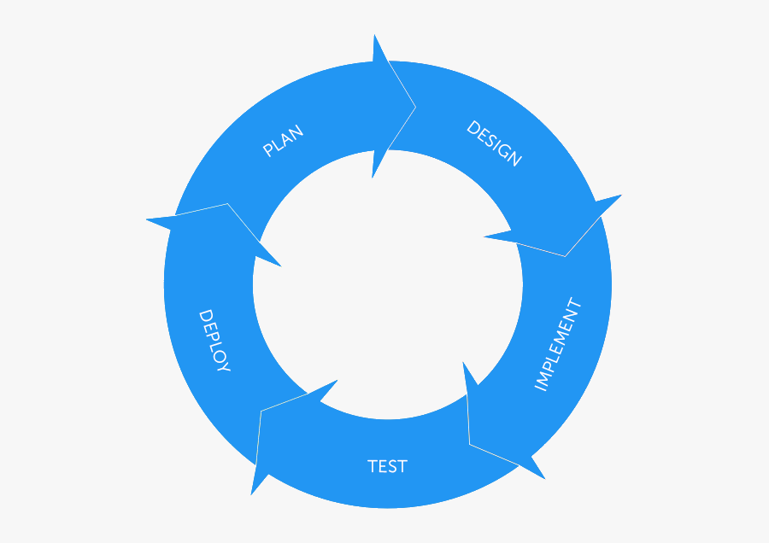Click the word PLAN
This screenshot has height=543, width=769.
tap(283, 141)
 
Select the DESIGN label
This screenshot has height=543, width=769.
tap(494, 143)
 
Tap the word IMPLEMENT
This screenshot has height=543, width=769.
tap(557, 344)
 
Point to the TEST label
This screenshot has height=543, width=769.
tap(387, 466)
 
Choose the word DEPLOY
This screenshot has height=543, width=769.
tap(214, 341)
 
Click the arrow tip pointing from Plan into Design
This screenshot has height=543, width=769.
tap(416, 108)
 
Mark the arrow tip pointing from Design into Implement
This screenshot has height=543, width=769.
tap(565, 256)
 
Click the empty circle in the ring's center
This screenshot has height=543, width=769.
tap(387, 284)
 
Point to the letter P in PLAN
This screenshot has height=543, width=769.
tap(267, 150)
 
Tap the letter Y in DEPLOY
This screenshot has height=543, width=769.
tap(224, 366)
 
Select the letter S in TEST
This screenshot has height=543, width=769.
tap(391, 466)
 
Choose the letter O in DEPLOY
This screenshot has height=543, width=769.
tap(218, 354)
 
